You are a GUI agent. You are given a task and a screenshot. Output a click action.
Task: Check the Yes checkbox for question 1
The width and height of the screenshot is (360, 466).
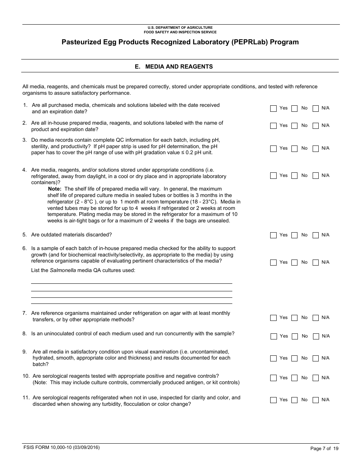click(273, 109)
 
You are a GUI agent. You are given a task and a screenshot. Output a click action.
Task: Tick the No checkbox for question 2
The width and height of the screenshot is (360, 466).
click(294, 126)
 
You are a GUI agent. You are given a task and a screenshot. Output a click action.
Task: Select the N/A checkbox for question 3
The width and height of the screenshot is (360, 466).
click(315, 149)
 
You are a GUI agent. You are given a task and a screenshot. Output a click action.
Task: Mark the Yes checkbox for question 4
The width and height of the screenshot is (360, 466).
click(273, 176)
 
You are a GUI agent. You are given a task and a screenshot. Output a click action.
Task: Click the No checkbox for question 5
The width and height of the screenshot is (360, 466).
click(294, 235)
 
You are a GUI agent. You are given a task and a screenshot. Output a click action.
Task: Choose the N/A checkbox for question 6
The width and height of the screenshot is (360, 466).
click(315, 263)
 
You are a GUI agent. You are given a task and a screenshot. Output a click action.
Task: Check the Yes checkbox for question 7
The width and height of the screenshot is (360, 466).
click(273, 318)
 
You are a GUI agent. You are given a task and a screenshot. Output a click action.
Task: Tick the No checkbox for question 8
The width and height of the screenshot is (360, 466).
click(294, 336)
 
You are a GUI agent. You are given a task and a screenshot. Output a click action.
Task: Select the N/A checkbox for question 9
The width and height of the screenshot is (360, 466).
click(315, 358)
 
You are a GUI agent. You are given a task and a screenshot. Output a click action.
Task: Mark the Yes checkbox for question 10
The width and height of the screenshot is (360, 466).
click(273, 378)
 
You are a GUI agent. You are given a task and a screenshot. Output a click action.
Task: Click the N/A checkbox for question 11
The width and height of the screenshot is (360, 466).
click(315, 400)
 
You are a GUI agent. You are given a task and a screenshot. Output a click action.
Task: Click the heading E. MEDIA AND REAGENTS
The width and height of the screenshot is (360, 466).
click(174, 67)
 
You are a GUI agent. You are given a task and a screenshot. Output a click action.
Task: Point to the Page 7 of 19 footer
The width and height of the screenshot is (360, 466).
click(324, 449)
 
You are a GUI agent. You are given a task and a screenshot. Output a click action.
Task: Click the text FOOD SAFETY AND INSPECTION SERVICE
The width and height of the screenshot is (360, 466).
click(180, 32)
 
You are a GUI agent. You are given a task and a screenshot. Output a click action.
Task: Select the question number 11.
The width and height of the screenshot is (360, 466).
click(25, 398)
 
